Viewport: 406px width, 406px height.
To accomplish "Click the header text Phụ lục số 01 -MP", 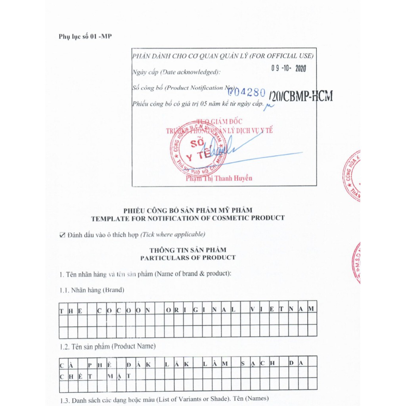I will [85, 36].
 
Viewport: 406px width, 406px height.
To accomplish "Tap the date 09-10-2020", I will [289, 68].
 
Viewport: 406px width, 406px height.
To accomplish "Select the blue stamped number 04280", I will [249, 92].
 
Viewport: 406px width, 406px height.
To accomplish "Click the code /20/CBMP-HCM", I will [301, 96].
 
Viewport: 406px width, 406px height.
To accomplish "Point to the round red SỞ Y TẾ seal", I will [198, 148].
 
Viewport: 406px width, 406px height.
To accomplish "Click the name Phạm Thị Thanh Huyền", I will [219, 178].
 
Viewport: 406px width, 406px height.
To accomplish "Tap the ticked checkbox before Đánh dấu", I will [62, 235].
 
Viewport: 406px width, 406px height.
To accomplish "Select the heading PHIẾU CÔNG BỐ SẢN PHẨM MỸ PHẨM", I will [188, 210].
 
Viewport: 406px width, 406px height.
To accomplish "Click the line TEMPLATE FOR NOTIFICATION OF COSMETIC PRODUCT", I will [188, 218].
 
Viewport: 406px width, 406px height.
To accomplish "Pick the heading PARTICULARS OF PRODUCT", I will [188, 258].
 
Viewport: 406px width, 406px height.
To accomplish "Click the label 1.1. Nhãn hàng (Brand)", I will [92, 290].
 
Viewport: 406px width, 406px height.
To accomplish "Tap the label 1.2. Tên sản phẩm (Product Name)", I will [107, 346].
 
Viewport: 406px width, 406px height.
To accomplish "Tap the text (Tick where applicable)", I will [173, 234].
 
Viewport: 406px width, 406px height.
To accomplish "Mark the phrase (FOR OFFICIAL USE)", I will [282, 56].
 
